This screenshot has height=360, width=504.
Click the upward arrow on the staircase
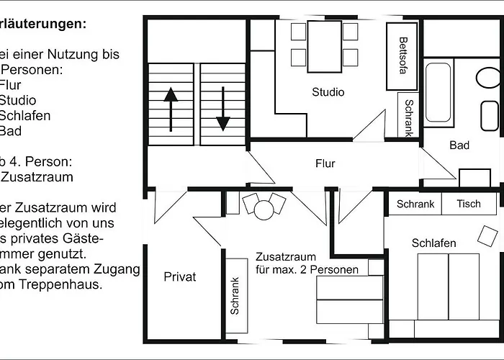171,108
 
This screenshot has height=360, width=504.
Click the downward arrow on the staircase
222,108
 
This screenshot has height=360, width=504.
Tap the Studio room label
328,92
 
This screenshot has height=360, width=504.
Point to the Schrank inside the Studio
408,117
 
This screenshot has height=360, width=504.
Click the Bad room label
459,145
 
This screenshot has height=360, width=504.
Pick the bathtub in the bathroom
438,91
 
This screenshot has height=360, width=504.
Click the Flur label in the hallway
325,163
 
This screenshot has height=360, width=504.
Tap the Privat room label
179,276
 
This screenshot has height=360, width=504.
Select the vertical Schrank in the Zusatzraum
235,295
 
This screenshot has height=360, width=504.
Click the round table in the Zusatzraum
264,210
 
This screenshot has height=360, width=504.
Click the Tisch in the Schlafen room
469,204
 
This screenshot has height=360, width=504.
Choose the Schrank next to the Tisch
415,204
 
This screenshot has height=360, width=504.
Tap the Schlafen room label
433,243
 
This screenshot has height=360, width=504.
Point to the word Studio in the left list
17,100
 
